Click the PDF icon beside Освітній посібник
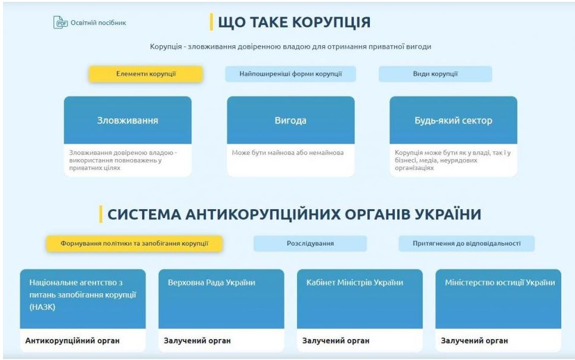click(60, 23)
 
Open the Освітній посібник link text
click(98, 23)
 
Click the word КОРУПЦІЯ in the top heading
click(332, 23)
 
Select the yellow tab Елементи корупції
click(146, 74)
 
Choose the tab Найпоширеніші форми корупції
click(290, 74)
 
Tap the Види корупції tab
click(435, 74)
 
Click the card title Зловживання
click(128, 120)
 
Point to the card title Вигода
click(290, 120)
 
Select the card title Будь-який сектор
click(453, 120)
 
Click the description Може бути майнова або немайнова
click(288, 153)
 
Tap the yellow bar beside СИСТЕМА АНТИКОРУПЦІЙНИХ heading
click(101, 214)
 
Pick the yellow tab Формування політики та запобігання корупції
click(134, 243)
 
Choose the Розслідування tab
click(310, 243)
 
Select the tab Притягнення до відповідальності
click(466, 243)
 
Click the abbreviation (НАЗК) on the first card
click(42, 307)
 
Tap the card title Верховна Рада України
click(212, 283)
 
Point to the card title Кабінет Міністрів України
click(355, 283)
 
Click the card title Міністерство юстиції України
click(500, 283)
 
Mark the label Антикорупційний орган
click(72, 340)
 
